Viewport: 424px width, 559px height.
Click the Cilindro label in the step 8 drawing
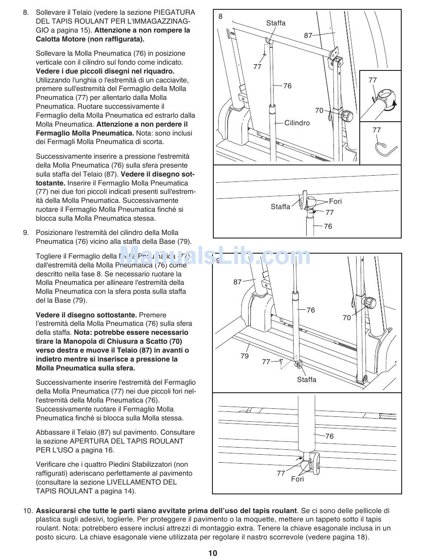[297, 123]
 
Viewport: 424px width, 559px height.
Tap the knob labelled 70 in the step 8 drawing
[346, 116]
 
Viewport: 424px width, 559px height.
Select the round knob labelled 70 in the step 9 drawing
[370, 303]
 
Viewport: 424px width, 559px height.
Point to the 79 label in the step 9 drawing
[245, 356]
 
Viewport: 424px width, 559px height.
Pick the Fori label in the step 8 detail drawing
[335, 201]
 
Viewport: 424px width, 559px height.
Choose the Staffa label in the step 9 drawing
[306, 379]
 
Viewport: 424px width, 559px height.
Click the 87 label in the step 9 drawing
[237, 282]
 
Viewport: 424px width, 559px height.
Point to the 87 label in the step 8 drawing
[308, 36]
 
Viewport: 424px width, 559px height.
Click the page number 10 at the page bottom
[212, 553]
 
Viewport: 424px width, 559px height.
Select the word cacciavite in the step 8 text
[160, 80]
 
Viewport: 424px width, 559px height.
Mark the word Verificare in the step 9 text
[52, 464]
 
